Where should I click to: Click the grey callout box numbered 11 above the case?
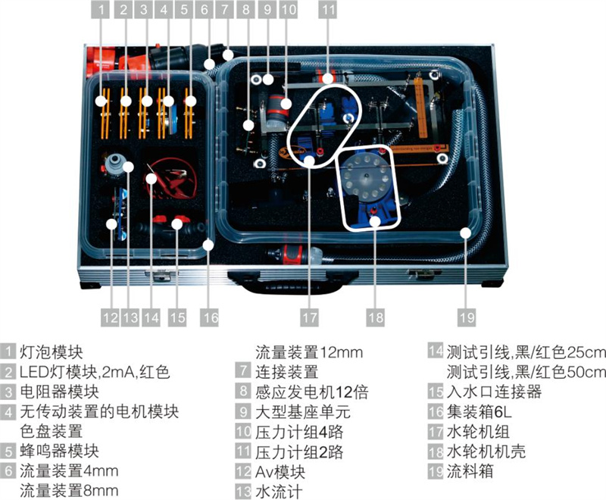click(327, 11)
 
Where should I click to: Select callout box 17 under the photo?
click(308, 313)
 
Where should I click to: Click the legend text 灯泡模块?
click(52, 352)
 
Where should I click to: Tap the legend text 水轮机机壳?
click(486, 452)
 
